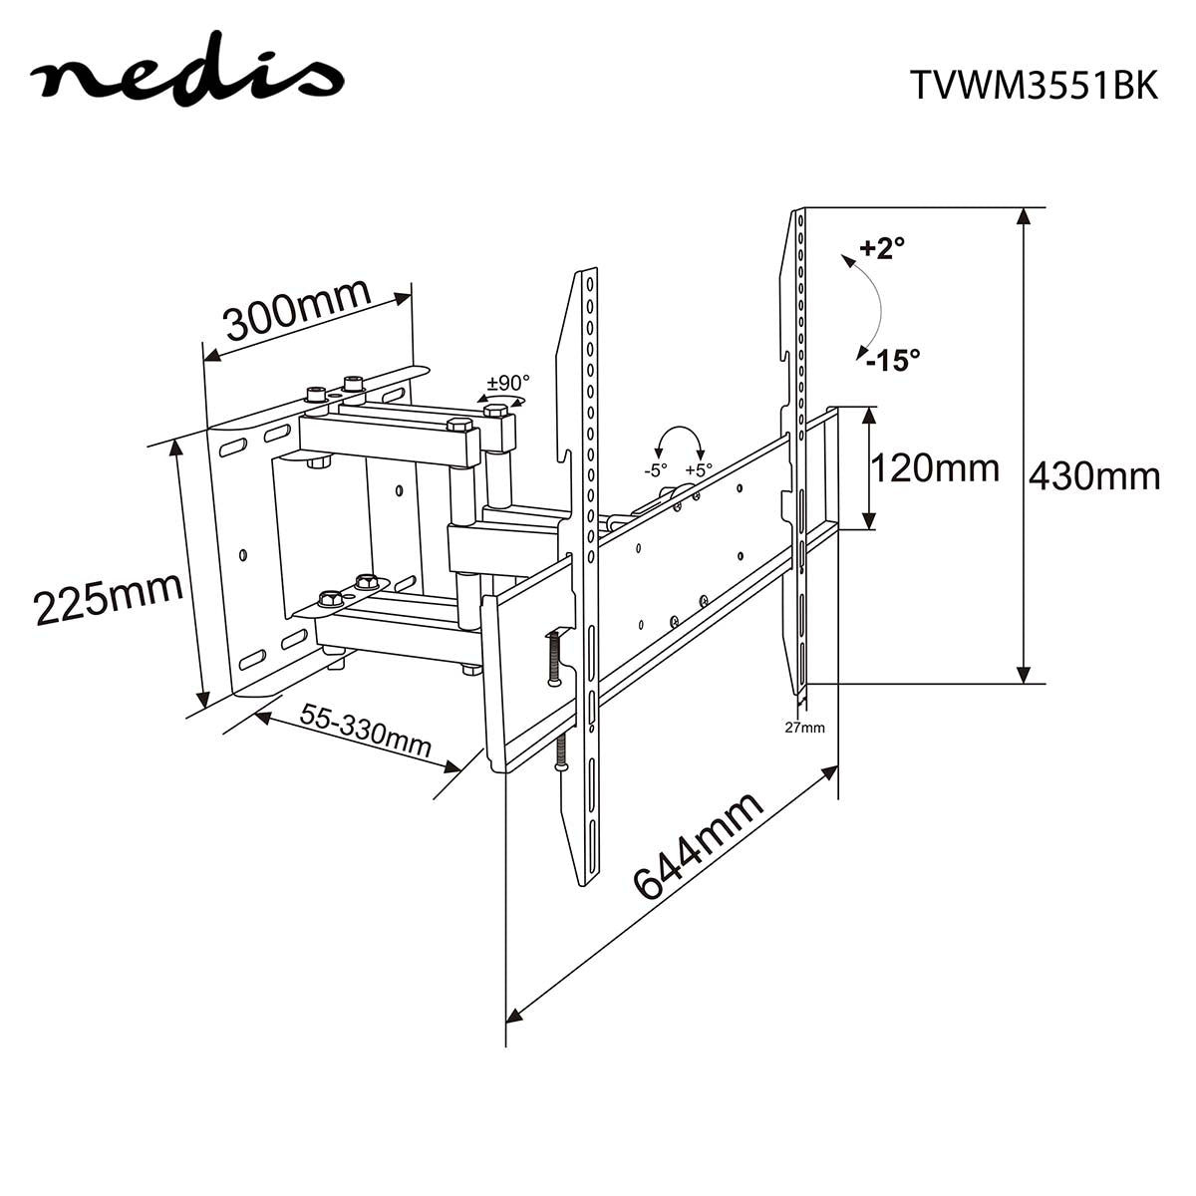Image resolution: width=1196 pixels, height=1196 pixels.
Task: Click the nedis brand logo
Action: (x=186, y=77)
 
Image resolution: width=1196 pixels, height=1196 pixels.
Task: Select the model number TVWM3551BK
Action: (x=1034, y=86)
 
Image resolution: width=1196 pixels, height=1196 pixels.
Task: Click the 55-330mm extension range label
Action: (x=366, y=732)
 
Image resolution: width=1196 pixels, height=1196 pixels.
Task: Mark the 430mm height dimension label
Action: (x=1093, y=476)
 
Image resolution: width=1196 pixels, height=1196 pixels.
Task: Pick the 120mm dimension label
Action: (x=934, y=466)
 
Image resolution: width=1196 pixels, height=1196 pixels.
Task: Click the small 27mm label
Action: (x=804, y=727)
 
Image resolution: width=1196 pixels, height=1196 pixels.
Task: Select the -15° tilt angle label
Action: (x=892, y=360)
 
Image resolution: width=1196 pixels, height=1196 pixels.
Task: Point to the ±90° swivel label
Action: (x=508, y=383)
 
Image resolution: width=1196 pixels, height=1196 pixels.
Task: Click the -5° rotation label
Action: (x=655, y=470)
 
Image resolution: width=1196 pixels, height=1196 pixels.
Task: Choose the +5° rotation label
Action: (x=700, y=470)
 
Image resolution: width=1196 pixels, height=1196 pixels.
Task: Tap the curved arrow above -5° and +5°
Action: (x=678, y=439)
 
